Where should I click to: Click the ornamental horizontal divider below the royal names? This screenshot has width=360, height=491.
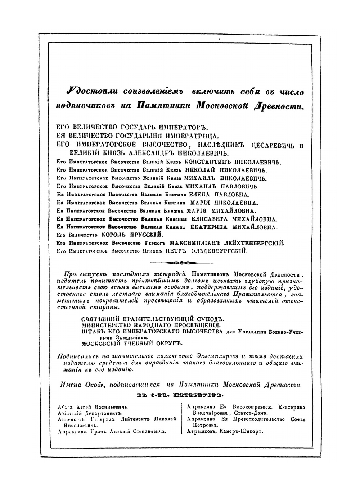click(x=182, y=262)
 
